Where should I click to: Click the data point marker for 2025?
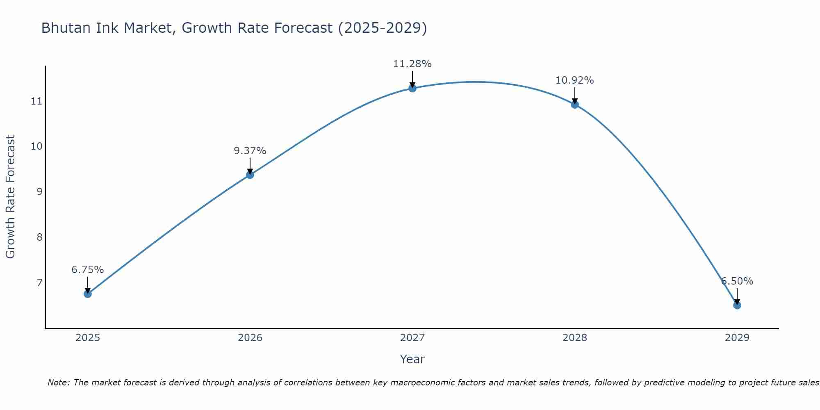click(87, 294)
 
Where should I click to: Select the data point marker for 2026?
click(250, 175)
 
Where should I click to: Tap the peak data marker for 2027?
click(412, 88)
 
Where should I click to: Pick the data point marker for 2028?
click(574, 105)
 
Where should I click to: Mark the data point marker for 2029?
click(737, 305)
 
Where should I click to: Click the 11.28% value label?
click(412, 64)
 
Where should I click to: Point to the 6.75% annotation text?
click(87, 270)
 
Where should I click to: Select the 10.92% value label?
click(574, 80)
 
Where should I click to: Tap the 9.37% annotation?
click(250, 151)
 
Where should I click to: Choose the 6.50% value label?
click(737, 281)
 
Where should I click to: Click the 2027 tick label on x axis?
click(412, 338)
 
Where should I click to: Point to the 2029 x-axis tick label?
click(737, 338)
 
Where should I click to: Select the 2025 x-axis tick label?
click(88, 338)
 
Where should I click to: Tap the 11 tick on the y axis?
click(36, 101)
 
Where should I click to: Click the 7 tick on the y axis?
click(39, 282)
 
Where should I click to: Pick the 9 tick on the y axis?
click(39, 191)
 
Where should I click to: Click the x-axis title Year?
click(412, 359)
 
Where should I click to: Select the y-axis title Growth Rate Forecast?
click(10, 197)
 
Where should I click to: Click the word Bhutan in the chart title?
click(66, 28)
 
